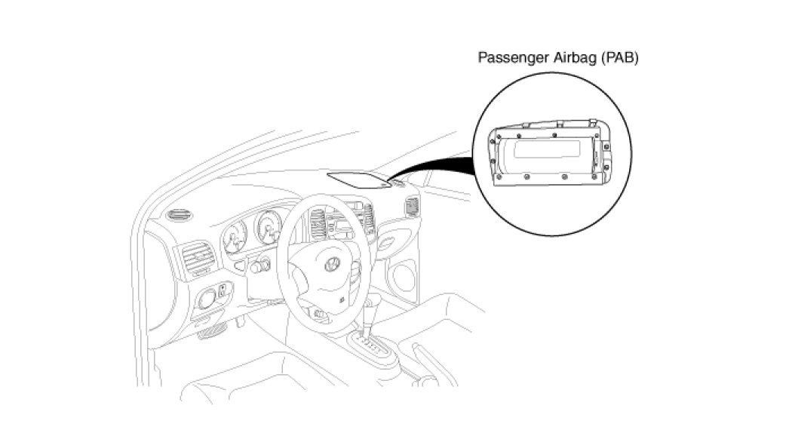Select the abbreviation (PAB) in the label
point(619,57)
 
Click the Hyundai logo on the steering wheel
point(331,265)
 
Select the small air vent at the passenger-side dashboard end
point(411,205)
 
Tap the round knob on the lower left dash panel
point(206,299)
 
